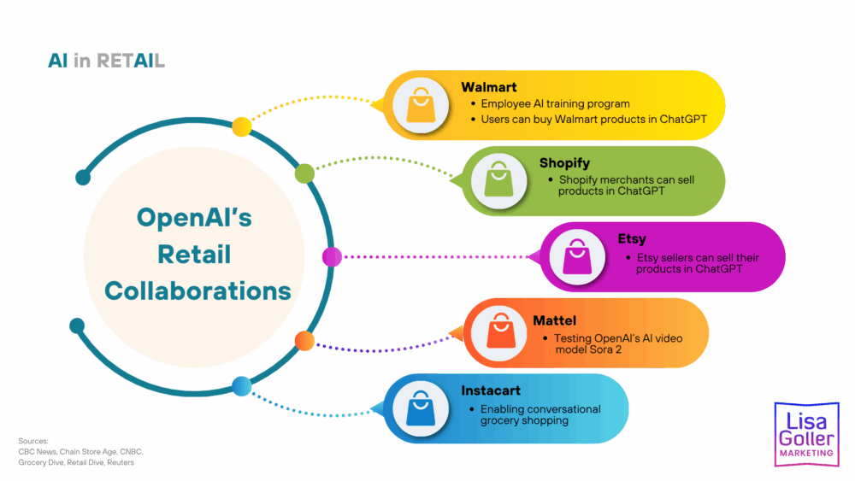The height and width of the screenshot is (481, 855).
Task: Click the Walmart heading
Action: [x=489, y=87]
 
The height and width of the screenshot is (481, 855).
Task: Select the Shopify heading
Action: [x=564, y=163]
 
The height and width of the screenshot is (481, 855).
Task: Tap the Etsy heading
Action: [x=632, y=240]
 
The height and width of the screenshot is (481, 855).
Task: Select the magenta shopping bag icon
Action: [x=577, y=257]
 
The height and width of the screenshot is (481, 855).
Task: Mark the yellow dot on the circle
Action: [x=242, y=126]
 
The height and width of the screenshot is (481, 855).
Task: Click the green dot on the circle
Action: [x=304, y=174]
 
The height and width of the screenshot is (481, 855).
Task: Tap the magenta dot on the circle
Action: [x=332, y=256]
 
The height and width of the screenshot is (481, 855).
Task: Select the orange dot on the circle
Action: [x=304, y=341]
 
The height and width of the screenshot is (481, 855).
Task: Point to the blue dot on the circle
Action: [x=242, y=386]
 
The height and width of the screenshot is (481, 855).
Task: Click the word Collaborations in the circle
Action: [x=198, y=290]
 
